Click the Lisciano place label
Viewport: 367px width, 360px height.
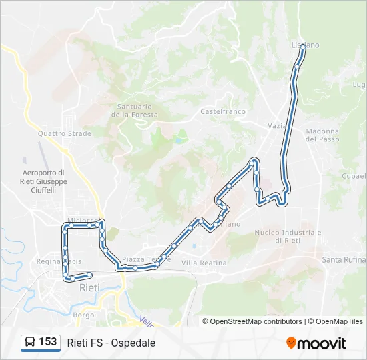[305, 45]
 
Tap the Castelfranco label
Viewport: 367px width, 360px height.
[223, 111]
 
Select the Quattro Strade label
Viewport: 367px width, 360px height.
[64, 133]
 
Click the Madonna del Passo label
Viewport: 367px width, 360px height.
[322, 135]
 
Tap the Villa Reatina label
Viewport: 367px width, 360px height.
[204, 263]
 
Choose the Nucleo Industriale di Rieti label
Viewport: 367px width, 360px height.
[288, 236]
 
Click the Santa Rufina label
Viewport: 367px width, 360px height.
[344, 259]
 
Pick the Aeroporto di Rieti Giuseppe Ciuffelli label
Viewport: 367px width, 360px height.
[45, 181]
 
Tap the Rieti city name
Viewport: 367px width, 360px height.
[90, 288]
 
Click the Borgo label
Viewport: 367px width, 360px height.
[83, 314]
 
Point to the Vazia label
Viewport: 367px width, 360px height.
[277, 125]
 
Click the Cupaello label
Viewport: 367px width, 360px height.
[354, 176]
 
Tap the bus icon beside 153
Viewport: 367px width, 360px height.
[29, 342]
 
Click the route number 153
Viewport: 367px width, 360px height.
[48, 342]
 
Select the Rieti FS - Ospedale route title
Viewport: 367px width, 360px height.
[111, 343]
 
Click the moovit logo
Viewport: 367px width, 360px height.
[316, 343]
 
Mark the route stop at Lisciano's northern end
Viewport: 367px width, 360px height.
[303, 47]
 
